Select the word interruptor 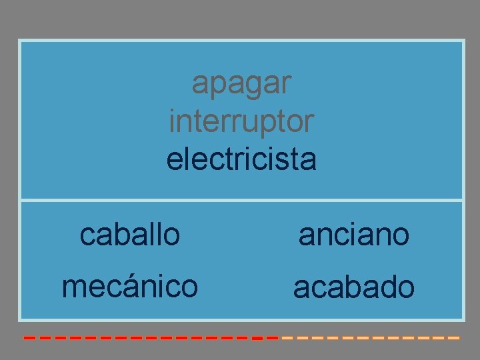click(241, 121)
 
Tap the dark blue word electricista click(241, 160)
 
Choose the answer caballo click(129, 234)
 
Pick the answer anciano click(353, 234)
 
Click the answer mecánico click(129, 287)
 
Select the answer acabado click(353, 287)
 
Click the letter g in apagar click(253, 87)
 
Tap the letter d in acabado click(385, 287)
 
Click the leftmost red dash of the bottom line click(29, 338)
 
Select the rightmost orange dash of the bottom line click(454, 338)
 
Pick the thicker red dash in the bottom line click(257, 338)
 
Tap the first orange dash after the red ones click(287, 338)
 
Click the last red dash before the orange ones click(271, 338)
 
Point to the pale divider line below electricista click(241, 199)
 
